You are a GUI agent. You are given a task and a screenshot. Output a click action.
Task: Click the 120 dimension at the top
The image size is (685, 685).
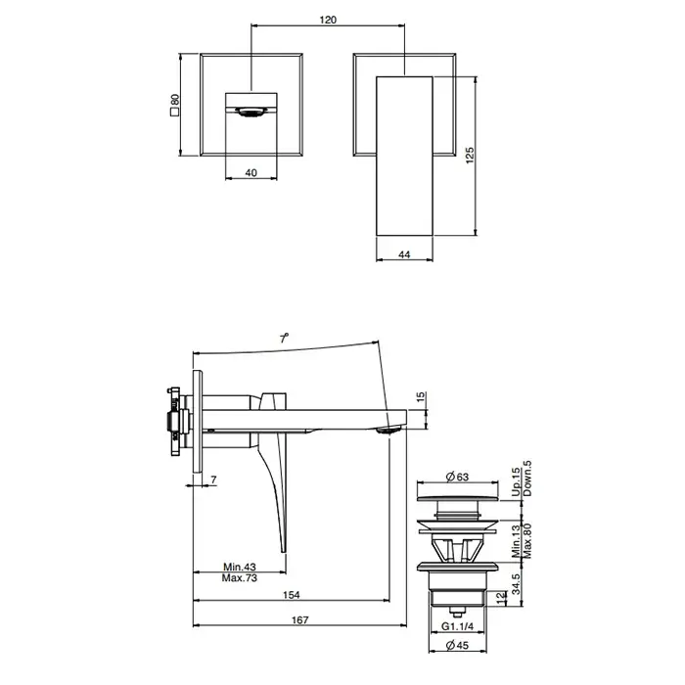tap(328, 20)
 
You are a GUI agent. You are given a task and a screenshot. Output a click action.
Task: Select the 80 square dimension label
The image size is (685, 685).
tap(175, 99)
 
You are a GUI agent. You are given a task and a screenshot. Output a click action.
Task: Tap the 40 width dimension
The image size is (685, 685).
tap(251, 173)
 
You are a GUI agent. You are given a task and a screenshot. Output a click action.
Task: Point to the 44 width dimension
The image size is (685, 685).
tap(404, 254)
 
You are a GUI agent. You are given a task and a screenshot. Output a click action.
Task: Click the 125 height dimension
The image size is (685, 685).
tap(470, 156)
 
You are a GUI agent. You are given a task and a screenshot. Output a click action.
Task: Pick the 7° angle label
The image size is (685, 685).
tap(285, 338)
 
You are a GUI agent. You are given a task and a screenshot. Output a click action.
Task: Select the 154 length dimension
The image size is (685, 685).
tap(292, 595)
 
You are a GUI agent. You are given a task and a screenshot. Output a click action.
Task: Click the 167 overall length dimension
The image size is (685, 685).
tap(300, 619)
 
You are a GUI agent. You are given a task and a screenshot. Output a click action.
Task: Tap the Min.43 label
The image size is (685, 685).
tap(240, 567)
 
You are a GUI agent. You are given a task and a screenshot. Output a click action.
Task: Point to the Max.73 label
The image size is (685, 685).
tap(240, 578)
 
